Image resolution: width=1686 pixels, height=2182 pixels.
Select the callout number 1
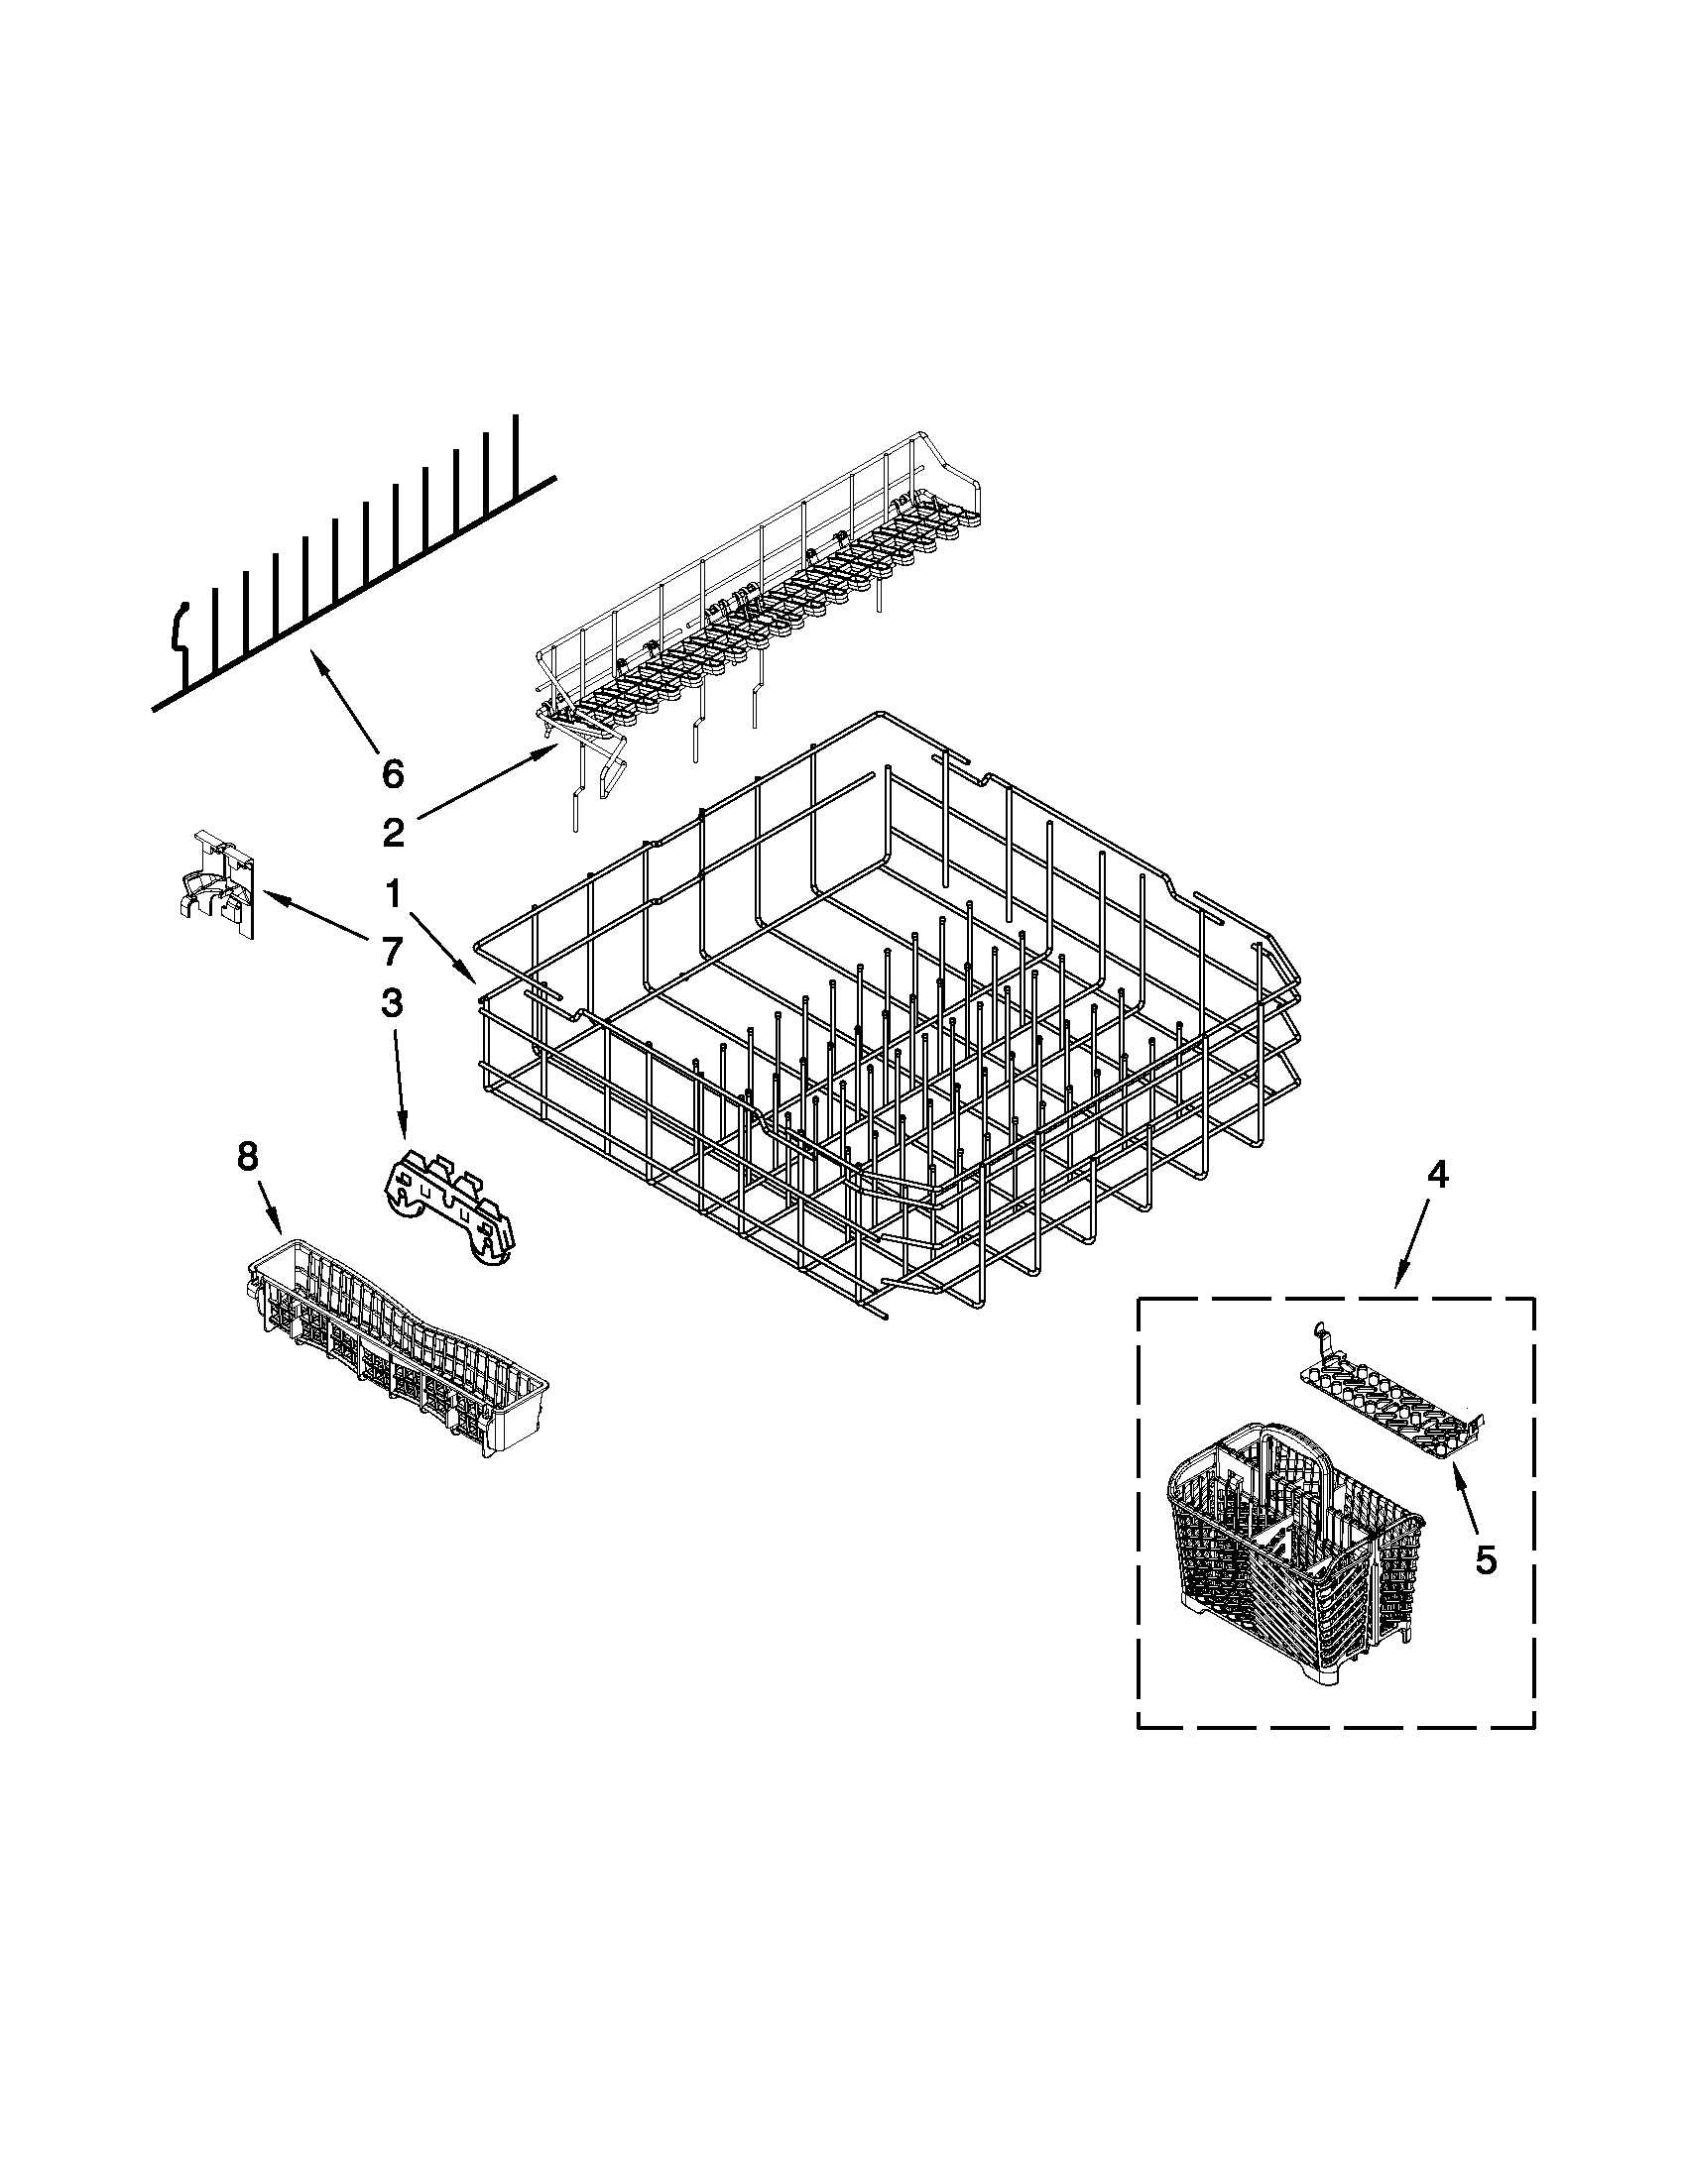393,894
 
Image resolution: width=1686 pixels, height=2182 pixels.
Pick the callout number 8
247,1157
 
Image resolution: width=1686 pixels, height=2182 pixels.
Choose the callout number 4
1435,1177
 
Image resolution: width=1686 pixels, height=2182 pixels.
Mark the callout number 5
1486,1559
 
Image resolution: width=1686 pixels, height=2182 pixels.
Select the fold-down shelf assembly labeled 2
760,620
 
